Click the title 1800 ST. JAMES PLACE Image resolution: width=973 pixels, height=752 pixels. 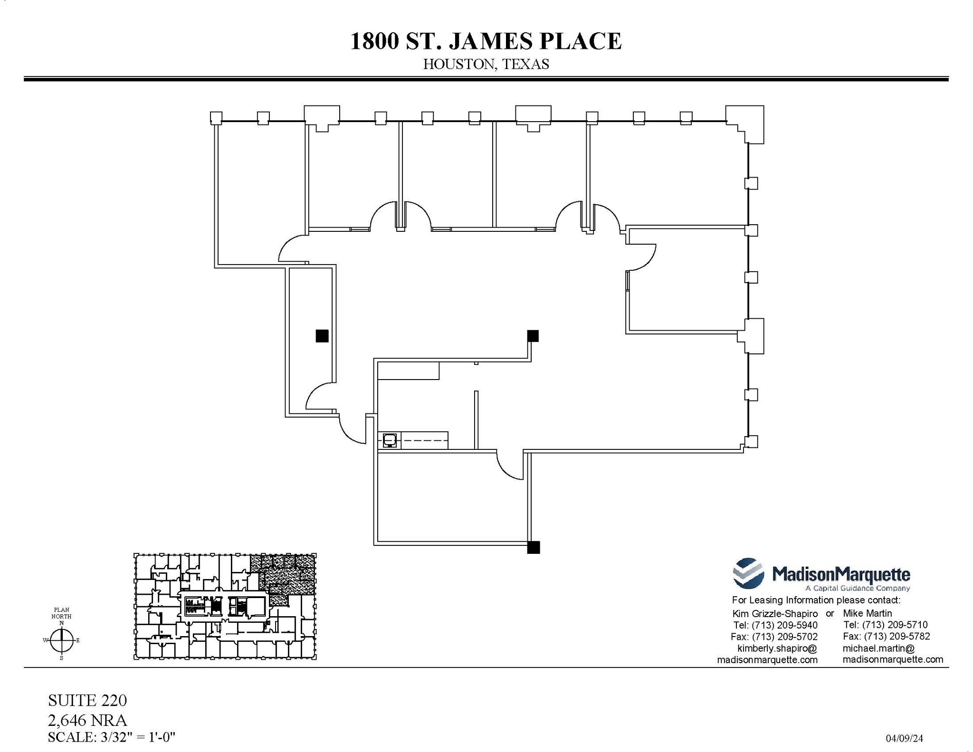[x=486, y=41]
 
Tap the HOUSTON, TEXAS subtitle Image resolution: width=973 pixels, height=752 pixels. [x=486, y=64]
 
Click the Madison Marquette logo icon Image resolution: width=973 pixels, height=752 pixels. [x=748, y=573]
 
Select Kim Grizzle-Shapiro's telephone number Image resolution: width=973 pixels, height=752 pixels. [x=775, y=625]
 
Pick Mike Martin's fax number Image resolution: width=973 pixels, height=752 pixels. [x=886, y=637]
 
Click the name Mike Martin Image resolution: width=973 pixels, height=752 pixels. [x=867, y=613]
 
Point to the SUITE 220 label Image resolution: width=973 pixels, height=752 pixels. [x=87, y=700]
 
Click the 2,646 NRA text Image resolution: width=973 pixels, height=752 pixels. [x=87, y=720]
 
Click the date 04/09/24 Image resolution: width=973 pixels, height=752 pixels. [x=904, y=738]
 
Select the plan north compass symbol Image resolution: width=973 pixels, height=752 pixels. [x=62, y=640]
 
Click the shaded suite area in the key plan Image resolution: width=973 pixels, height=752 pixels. [x=285, y=577]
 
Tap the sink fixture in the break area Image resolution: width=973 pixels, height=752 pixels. [x=390, y=440]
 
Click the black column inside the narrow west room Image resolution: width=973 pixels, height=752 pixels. [x=322, y=336]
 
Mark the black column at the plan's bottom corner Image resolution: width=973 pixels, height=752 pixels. [x=533, y=547]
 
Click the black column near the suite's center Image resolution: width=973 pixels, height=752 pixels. [x=533, y=336]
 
